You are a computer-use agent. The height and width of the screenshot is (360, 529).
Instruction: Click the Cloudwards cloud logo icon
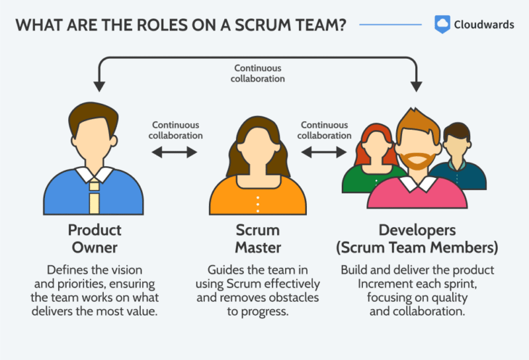(x=442, y=24)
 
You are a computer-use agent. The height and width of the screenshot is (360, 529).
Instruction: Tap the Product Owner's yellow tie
(x=95, y=195)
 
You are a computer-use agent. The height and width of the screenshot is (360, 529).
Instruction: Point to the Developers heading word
(x=417, y=230)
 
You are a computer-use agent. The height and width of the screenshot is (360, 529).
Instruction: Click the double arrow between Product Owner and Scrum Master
(x=175, y=152)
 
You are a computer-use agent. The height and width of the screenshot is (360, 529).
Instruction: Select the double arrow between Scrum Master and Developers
(x=324, y=152)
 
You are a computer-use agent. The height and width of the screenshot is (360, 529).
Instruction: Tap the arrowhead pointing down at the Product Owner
(x=100, y=85)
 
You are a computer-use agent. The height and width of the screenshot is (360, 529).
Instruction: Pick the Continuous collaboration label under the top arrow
(x=258, y=73)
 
